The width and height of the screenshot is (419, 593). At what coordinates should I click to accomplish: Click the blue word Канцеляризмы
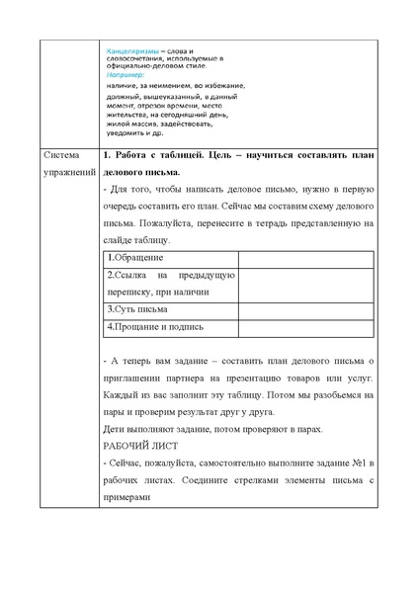click(x=132, y=49)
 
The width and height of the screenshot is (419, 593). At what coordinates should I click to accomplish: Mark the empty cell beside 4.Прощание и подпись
click(x=305, y=326)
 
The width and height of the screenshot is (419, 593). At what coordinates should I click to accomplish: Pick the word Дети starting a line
click(x=114, y=428)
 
